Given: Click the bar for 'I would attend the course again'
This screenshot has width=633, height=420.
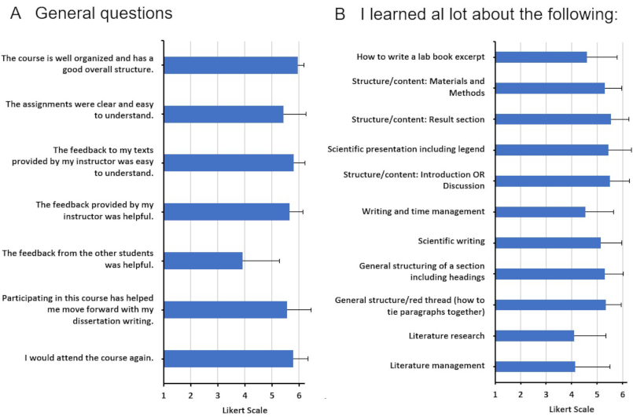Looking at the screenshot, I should pos(228,359).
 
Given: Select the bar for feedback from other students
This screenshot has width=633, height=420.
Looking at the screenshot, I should pos(203,261).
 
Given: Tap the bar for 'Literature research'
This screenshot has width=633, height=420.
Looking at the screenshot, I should pos(535,336).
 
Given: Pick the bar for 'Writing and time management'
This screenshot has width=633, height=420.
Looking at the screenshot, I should pos(540,211).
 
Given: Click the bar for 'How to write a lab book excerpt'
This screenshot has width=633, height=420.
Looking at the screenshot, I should pos(541,57).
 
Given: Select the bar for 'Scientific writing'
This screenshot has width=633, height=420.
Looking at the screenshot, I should pos(548,242).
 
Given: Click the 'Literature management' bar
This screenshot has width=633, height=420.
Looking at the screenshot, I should pos(535,366).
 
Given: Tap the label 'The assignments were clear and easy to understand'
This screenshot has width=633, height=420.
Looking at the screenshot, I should pos(79,109).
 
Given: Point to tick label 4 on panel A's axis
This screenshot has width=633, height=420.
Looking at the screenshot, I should pos(245,396).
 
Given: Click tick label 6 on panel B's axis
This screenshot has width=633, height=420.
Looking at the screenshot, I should pos(622,393).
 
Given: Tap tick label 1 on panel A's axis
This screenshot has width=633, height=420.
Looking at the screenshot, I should pos(164,396).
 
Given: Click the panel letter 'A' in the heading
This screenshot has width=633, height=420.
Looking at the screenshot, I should pos(14,14).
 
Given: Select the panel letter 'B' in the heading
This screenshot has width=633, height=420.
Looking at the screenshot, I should pos(340,14).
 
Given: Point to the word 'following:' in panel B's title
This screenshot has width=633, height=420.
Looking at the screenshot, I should pos(583,15).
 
